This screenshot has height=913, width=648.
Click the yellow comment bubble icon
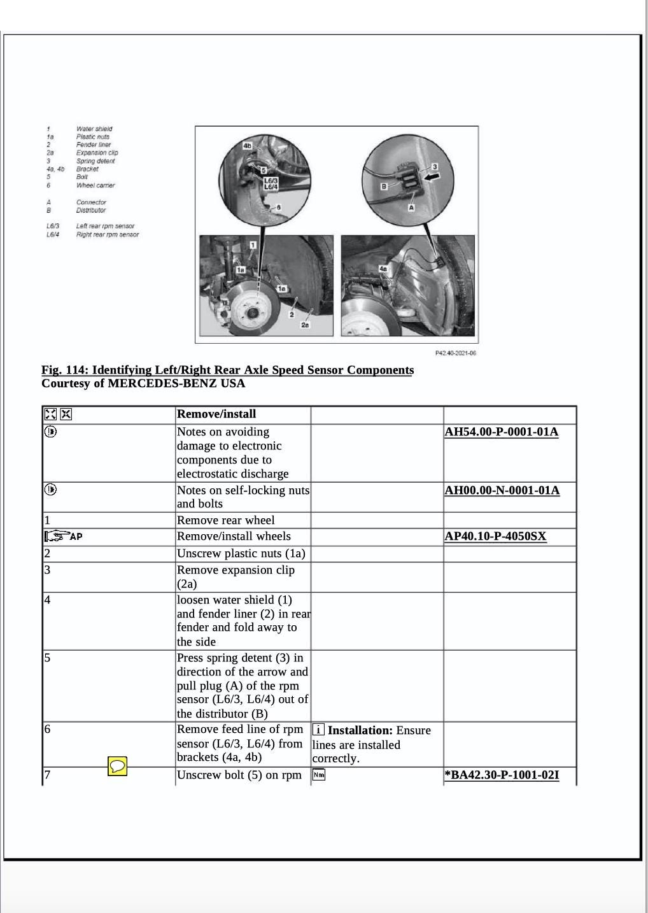[117, 766]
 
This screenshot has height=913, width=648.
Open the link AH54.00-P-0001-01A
[501, 432]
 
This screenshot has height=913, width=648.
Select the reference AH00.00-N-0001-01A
[502, 490]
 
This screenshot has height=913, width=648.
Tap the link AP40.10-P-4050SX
[495, 536]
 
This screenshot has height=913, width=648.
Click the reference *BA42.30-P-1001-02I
[502, 775]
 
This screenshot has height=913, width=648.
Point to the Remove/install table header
[216, 414]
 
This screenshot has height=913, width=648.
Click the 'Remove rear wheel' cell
[226, 520]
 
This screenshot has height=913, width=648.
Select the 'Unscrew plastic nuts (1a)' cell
[241, 553]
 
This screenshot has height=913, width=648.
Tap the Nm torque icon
[318, 775]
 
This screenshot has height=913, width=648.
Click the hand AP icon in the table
[64, 536]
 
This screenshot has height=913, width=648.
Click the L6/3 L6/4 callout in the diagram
[271, 184]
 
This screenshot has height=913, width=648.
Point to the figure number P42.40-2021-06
[456, 353]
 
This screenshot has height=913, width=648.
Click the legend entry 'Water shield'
[94, 129]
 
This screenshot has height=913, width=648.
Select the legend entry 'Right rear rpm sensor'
[108, 234]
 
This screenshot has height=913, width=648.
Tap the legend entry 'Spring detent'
[95, 161]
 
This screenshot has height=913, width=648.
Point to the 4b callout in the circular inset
[248, 146]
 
